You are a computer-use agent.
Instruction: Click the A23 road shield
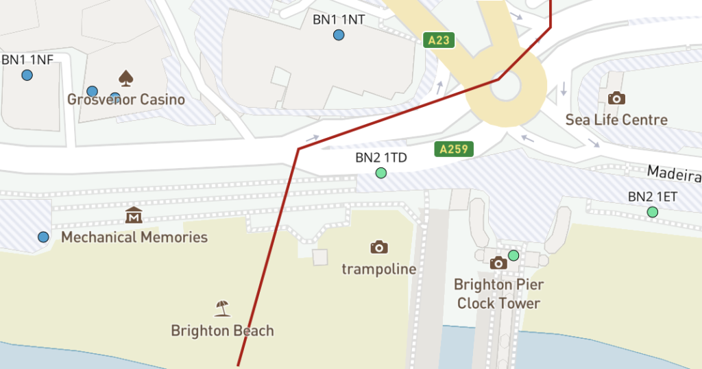click(439, 40)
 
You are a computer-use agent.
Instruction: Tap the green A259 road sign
click(453, 149)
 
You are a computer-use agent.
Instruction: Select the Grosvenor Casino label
click(126, 99)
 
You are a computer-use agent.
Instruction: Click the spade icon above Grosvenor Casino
click(125, 78)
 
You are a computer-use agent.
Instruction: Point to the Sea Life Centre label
click(616, 120)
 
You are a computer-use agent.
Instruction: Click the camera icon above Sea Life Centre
click(616, 98)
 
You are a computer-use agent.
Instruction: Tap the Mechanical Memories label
click(134, 237)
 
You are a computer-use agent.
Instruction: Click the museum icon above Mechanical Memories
click(134, 215)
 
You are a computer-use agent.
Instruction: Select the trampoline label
click(379, 269)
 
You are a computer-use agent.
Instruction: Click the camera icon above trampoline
click(379, 247)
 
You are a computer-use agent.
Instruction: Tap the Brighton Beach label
click(222, 331)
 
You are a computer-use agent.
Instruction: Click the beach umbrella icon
click(221, 308)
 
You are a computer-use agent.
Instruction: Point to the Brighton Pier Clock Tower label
click(498, 294)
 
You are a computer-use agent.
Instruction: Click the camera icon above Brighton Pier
click(498, 263)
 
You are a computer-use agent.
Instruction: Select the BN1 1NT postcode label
click(339, 19)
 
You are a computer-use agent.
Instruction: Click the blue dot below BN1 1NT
click(339, 35)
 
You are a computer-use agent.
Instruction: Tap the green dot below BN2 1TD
click(381, 173)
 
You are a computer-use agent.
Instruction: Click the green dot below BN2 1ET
click(653, 213)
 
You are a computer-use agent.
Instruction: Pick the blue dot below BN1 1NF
click(27, 75)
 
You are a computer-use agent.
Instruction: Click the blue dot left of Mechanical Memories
click(43, 237)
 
